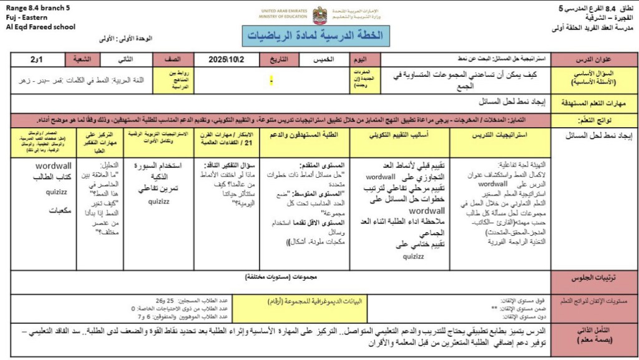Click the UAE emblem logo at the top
(319, 15)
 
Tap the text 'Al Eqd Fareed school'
(40, 27)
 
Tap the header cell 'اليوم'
(361, 60)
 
